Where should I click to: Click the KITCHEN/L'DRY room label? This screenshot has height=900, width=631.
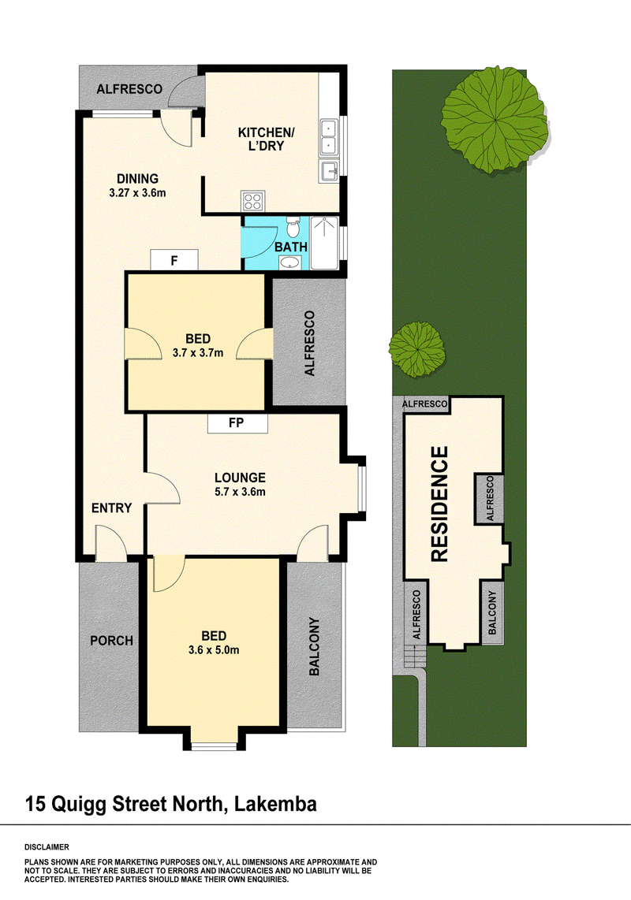[x=267, y=139]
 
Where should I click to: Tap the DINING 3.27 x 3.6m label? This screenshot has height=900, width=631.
[x=138, y=184]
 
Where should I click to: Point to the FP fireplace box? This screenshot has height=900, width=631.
[x=237, y=423]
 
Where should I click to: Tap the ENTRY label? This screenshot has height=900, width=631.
[x=112, y=508]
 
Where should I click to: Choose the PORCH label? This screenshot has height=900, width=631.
[x=111, y=641]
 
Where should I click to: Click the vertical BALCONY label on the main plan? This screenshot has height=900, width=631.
[x=314, y=646]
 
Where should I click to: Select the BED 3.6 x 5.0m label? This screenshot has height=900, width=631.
[x=214, y=643]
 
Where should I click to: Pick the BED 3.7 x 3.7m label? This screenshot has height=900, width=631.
[x=199, y=347]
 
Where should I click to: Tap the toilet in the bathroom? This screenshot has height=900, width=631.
[x=293, y=229]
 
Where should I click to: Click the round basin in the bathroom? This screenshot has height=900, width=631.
[x=291, y=262]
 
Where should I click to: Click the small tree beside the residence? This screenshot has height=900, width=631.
[x=416, y=349]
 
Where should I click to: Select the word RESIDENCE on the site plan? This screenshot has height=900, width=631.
[x=439, y=503]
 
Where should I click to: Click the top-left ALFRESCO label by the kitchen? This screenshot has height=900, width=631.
[x=129, y=90]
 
